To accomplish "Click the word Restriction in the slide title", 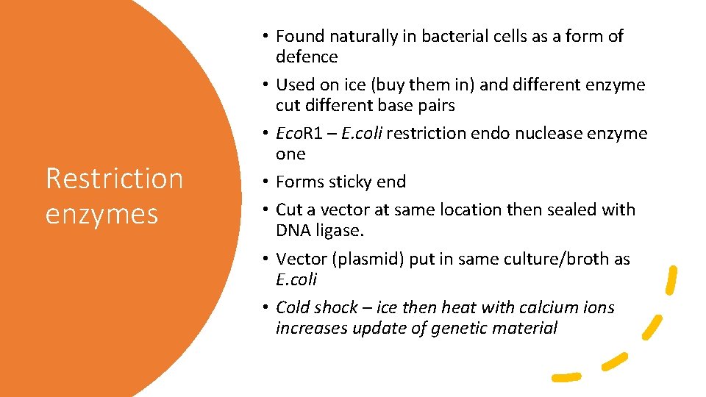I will [114, 179].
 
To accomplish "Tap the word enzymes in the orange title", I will [101, 214].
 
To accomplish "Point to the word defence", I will [307, 57].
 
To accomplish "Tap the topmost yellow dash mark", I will [671, 280].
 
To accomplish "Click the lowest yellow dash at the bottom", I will [566, 376].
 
